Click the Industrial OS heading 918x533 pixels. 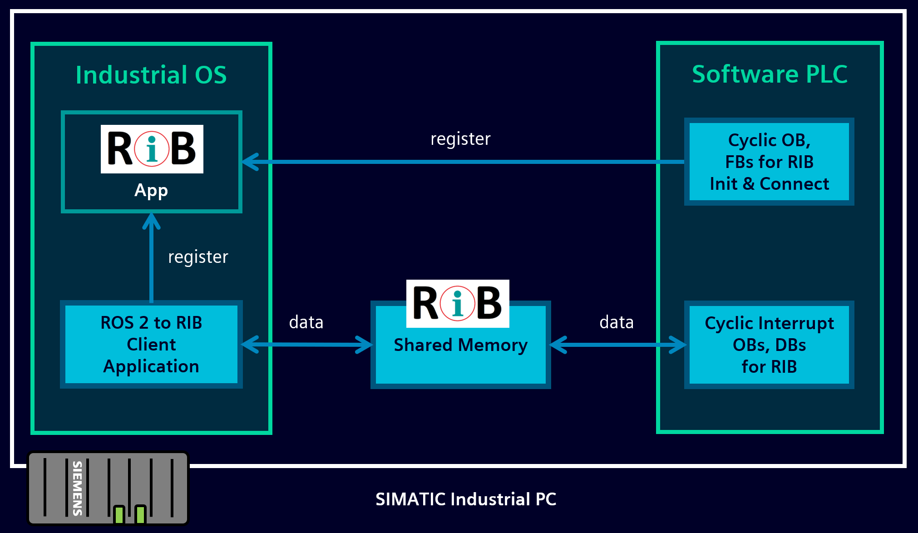(151, 75)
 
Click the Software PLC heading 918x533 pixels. (770, 74)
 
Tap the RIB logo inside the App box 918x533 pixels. (152, 149)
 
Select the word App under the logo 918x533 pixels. (151, 191)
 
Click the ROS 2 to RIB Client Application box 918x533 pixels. (151, 344)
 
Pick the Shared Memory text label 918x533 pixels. (460, 345)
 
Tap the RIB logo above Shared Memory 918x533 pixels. (458, 303)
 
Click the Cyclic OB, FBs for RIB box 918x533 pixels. (769, 162)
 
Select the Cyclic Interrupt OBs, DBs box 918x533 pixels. (769, 345)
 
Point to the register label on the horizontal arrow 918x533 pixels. (460, 139)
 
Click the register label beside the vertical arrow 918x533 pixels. (198, 257)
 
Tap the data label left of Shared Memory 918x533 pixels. (306, 322)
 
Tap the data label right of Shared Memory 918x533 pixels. (616, 322)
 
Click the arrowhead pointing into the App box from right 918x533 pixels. (250, 162)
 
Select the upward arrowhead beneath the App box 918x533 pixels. (151, 221)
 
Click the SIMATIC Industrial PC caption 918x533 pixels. (465, 499)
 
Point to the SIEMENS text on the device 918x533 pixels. (78, 488)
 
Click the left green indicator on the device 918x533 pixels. (119, 514)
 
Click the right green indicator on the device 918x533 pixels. (140, 514)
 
